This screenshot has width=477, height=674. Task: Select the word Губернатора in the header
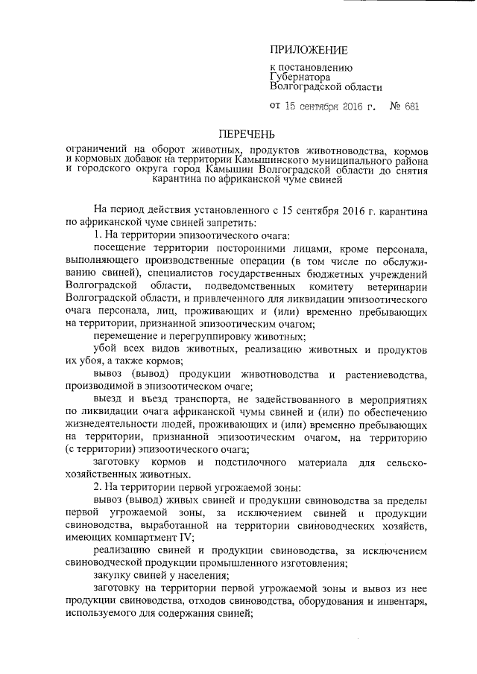tap(300, 76)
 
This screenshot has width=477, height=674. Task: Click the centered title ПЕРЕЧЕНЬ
tap(246, 135)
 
